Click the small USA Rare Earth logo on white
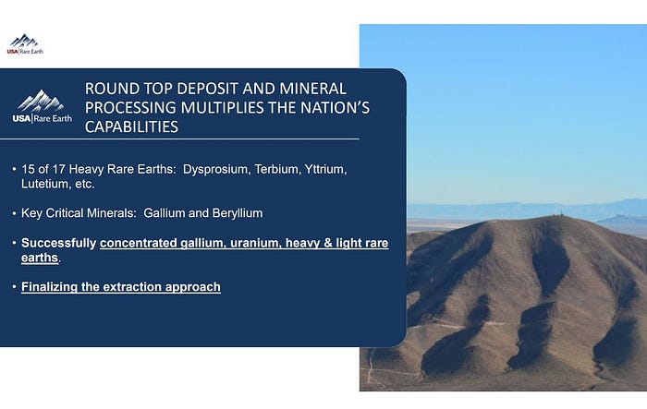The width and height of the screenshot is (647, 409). pos(25,44)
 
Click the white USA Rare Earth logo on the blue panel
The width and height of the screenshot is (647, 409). pos(43,106)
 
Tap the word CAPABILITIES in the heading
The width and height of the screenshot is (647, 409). pos(131,126)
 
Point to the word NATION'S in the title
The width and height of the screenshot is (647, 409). pos(335,108)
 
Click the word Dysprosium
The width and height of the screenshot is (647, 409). pos(215,170)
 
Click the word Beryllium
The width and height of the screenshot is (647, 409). pos(238,213)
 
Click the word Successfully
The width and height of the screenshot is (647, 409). pos(58,243)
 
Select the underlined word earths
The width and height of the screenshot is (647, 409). pos(40,258)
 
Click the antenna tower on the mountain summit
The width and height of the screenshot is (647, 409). pos(561,212)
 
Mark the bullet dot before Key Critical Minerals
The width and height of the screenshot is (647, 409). pos(15,213)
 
